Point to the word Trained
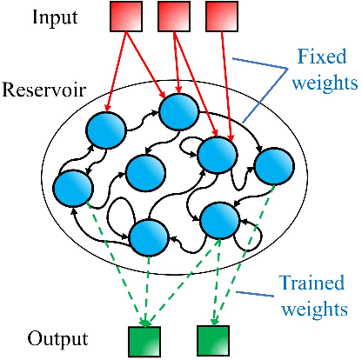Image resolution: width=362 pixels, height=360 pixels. [x=311, y=283]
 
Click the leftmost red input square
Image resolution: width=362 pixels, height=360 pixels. [x=125, y=18]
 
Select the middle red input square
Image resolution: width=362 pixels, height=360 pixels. [x=174, y=18]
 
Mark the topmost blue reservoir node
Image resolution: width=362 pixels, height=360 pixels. [x=180, y=110]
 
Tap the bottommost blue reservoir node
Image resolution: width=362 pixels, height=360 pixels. [x=149, y=235]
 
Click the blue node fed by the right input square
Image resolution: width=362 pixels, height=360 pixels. [x=218, y=155]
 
